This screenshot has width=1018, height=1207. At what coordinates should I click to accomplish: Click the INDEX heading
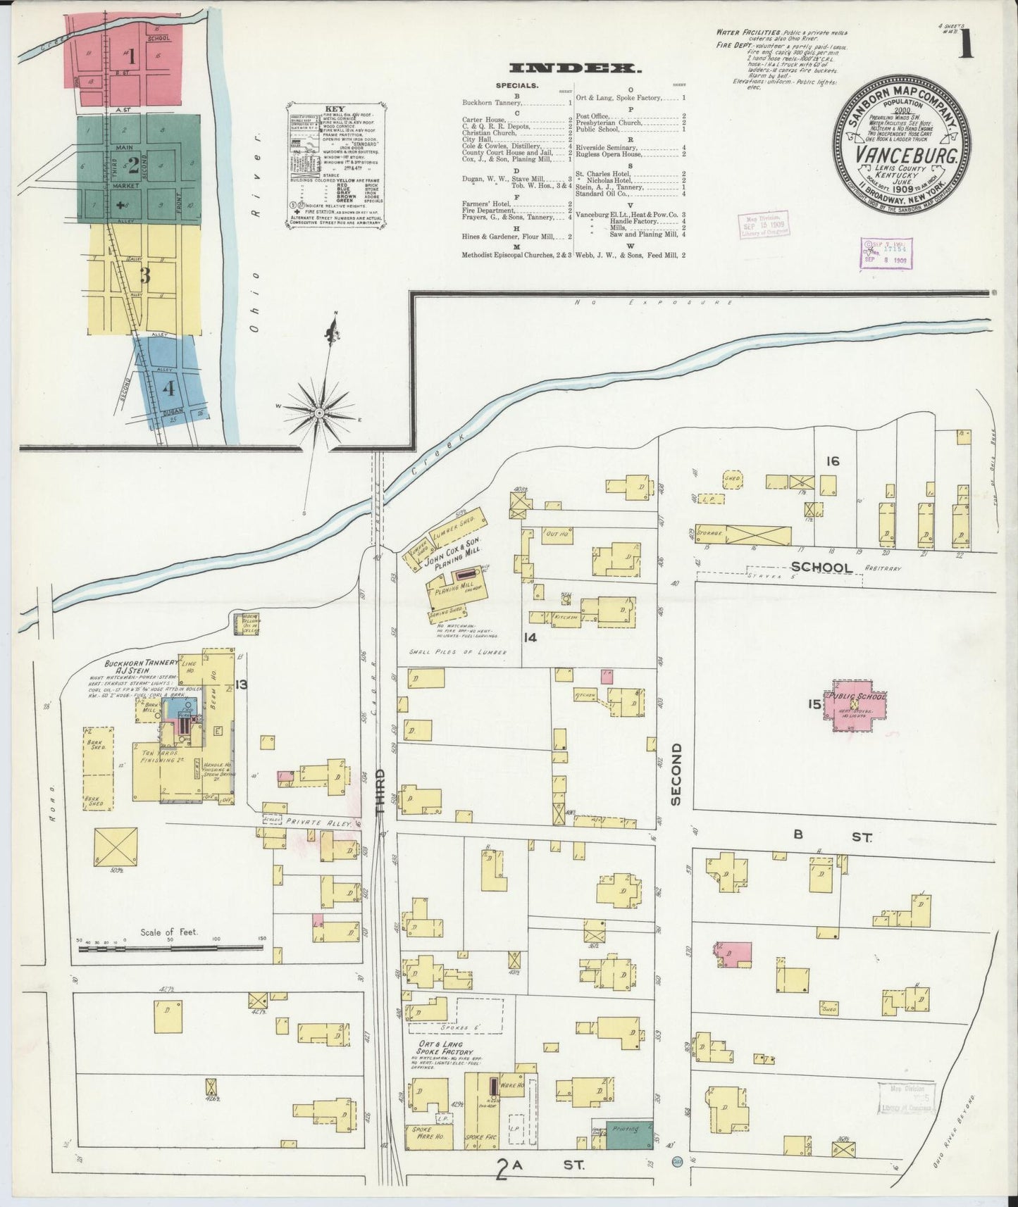[574, 68]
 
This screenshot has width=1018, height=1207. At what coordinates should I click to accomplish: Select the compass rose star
[320, 412]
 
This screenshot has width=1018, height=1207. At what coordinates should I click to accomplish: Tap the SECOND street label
[676, 773]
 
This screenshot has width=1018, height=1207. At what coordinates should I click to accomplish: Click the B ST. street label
[831, 837]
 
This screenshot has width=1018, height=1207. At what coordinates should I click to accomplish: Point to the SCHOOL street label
[821, 567]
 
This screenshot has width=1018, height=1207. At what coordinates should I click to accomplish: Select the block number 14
[530, 637]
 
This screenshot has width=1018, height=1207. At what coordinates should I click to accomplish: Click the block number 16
[833, 461]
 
